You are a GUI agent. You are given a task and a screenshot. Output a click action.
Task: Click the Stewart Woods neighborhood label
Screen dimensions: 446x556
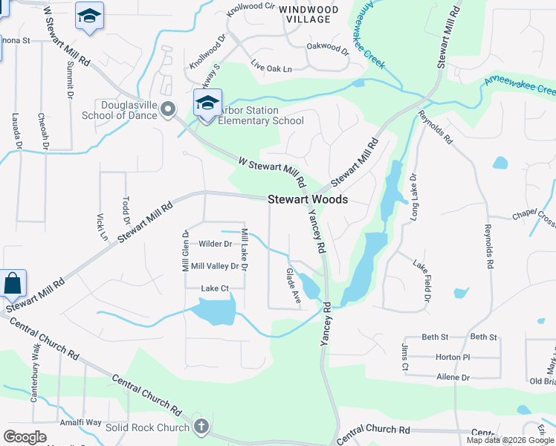(x=307, y=200)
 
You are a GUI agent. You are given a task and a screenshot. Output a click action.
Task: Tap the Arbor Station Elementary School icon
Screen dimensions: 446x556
(x=207, y=103)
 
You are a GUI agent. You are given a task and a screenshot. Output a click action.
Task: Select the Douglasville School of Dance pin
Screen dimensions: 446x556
(x=168, y=110)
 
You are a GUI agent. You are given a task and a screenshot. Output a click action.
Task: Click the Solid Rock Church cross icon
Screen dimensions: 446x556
(x=200, y=427)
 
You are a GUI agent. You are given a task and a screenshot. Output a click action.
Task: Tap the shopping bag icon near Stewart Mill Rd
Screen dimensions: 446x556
(x=13, y=283)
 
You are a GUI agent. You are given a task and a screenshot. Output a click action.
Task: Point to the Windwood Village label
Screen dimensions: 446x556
(x=309, y=15)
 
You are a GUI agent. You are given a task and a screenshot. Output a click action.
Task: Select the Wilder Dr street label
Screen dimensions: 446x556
(x=216, y=244)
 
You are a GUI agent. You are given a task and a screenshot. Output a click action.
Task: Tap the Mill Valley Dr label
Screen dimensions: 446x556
(x=214, y=266)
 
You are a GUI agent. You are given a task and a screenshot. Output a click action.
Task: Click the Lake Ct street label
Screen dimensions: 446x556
(x=213, y=288)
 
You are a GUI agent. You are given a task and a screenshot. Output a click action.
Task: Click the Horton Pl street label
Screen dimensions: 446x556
(x=449, y=357)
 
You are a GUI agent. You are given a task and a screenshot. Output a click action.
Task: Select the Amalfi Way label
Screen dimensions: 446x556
(x=82, y=422)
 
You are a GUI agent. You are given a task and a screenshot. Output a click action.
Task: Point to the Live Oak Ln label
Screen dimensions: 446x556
(x=271, y=66)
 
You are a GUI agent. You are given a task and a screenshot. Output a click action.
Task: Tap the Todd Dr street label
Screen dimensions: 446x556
(x=126, y=211)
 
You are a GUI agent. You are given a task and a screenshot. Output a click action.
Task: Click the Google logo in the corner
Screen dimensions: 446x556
(x=25, y=436)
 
